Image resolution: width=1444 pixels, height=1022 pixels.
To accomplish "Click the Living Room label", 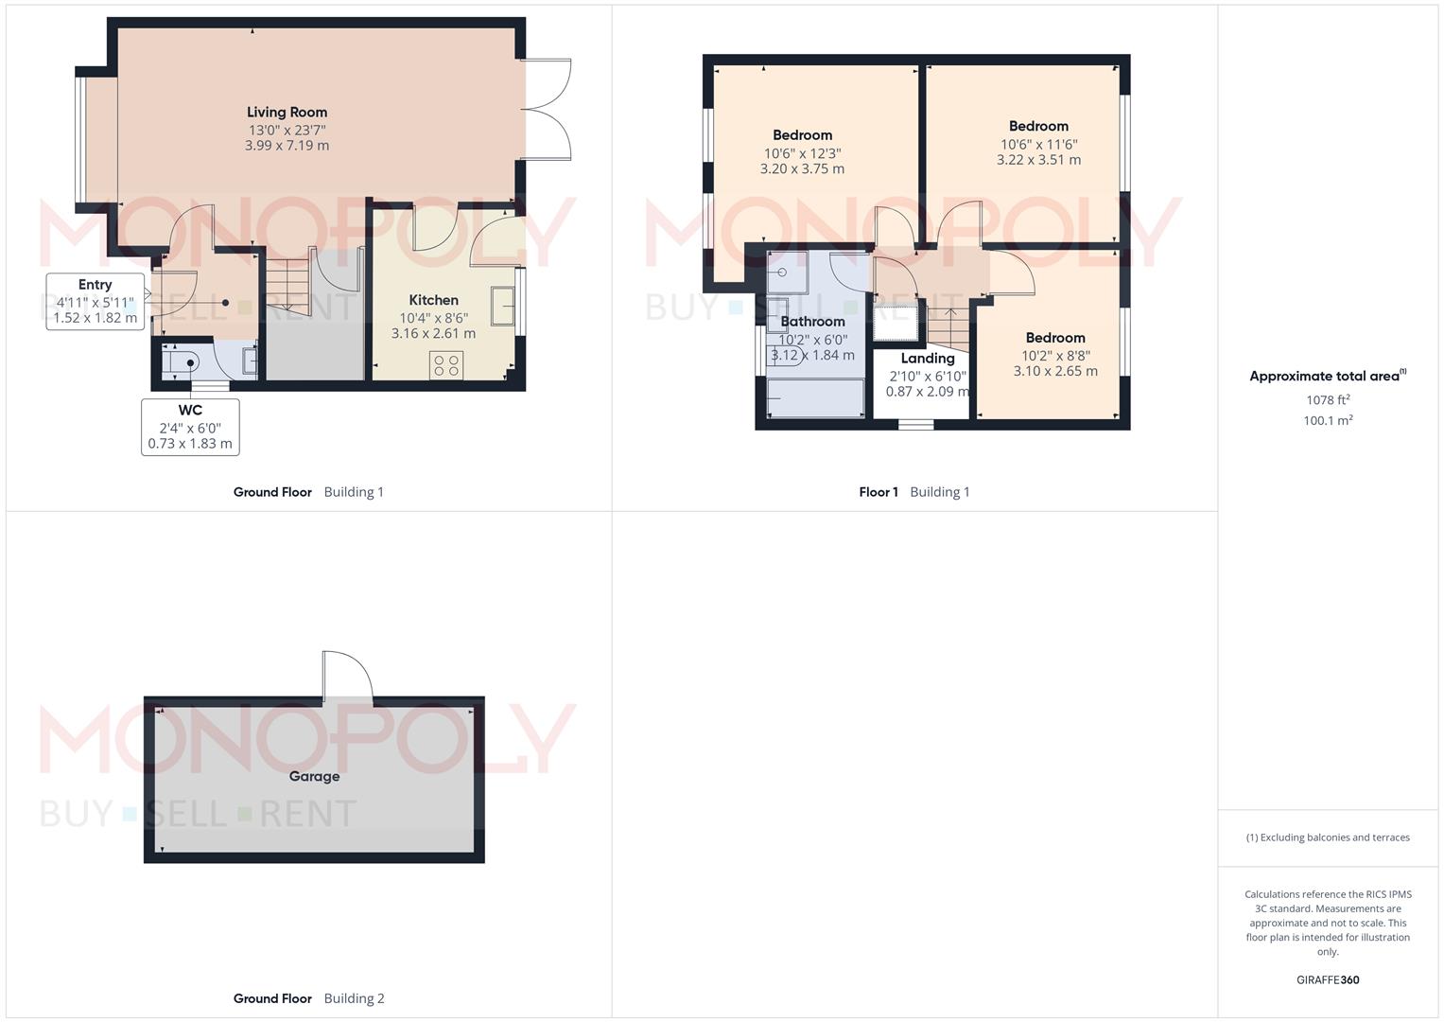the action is click(x=287, y=113).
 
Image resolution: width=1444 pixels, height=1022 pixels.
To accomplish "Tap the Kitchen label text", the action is click(x=434, y=300).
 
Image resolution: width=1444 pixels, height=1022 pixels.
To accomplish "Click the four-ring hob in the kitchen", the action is click(x=446, y=365).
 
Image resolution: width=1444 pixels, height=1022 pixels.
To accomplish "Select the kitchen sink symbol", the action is click(x=503, y=306).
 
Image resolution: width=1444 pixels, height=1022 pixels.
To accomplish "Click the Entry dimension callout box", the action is click(x=96, y=301).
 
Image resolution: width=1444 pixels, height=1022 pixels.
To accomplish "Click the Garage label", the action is click(x=314, y=776).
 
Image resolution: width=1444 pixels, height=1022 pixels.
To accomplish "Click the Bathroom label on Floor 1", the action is click(x=813, y=322).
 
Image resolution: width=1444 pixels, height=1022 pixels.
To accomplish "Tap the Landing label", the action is click(x=928, y=358).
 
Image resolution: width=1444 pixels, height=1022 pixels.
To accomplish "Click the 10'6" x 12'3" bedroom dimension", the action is click(x=803, y=153).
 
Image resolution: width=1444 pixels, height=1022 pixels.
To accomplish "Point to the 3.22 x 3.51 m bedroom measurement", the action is click(x=1038, y=160).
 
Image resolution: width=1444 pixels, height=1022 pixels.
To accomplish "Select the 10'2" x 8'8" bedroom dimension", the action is click(x=1056, y=356).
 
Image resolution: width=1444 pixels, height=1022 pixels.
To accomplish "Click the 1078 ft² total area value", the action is click(x=1328, y=400).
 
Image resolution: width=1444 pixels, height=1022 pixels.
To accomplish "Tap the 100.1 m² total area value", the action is click(x=1328, y=421).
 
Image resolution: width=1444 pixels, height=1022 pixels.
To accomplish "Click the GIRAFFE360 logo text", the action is click(x=1328, y=980).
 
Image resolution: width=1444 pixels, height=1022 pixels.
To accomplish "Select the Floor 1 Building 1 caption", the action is click(x=914, y=492).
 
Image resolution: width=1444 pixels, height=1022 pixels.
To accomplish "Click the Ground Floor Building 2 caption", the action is click(x=309, y=998).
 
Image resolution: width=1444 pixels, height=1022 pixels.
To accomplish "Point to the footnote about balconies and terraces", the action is click(x=1328, y=837).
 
